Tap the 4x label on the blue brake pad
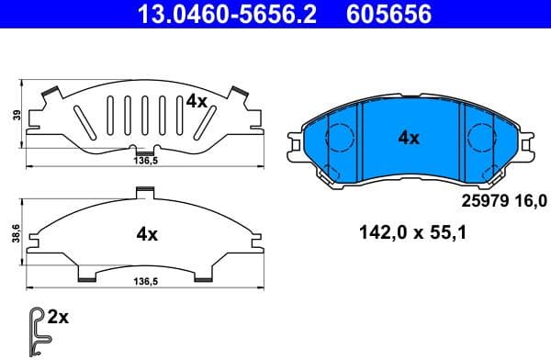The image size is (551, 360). (408, 139)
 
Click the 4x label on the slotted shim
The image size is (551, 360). (196, 101)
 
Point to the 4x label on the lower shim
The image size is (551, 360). (147, 234)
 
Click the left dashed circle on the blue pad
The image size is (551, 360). (341, 138)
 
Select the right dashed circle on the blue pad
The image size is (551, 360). (480, 139)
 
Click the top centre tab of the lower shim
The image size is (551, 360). (142, 192)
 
